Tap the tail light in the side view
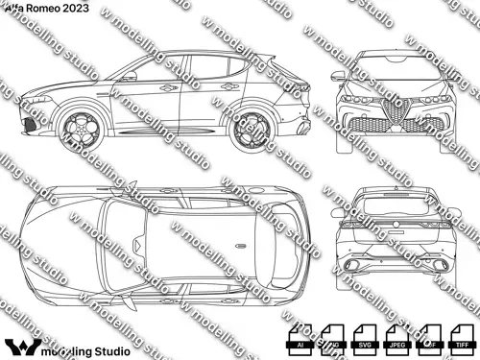305,88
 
